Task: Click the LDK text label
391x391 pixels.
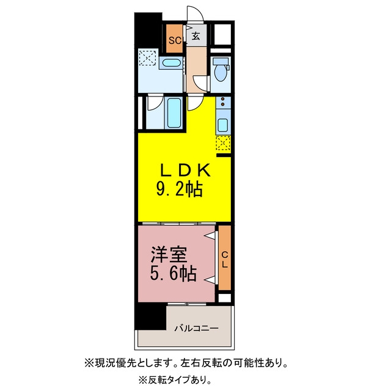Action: (x=185, y=170)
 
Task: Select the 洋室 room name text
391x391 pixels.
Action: (x=169, y=254)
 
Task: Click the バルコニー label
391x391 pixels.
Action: (x=197, y=328)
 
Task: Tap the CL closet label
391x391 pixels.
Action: (x=225, y=260)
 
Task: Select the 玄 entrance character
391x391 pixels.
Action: (x=195, y=37)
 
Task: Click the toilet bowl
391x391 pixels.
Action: (x=221, y=70)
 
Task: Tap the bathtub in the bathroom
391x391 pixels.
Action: (x=174, y=112)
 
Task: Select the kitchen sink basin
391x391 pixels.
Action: (x=222, y=125)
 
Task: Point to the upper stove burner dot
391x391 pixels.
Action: (x=222, y=99)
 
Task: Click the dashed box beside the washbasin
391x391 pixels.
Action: (x=147, y=57)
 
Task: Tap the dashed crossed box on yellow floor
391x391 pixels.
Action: (x=223, y=143)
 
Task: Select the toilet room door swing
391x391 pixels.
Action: (x=200, y=83)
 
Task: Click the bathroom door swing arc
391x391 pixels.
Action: (x=155, y=103)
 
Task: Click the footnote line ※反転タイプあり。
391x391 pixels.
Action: (x=175, y=380)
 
